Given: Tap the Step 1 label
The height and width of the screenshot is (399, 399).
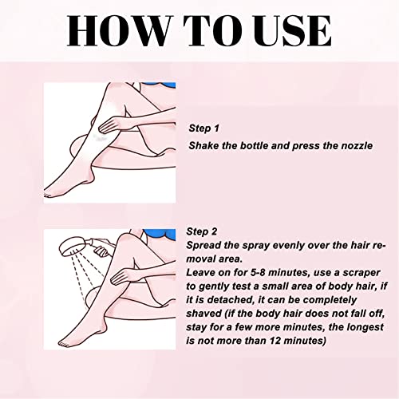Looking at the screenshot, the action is point(203,128).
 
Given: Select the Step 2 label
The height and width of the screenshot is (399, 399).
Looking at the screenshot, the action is point(202,231).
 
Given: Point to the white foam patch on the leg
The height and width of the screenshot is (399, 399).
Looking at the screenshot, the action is point(99,136).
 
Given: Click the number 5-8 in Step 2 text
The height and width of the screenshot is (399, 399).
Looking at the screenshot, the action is point(258,273).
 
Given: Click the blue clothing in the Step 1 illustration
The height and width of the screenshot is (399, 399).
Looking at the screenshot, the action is point(160,85).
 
